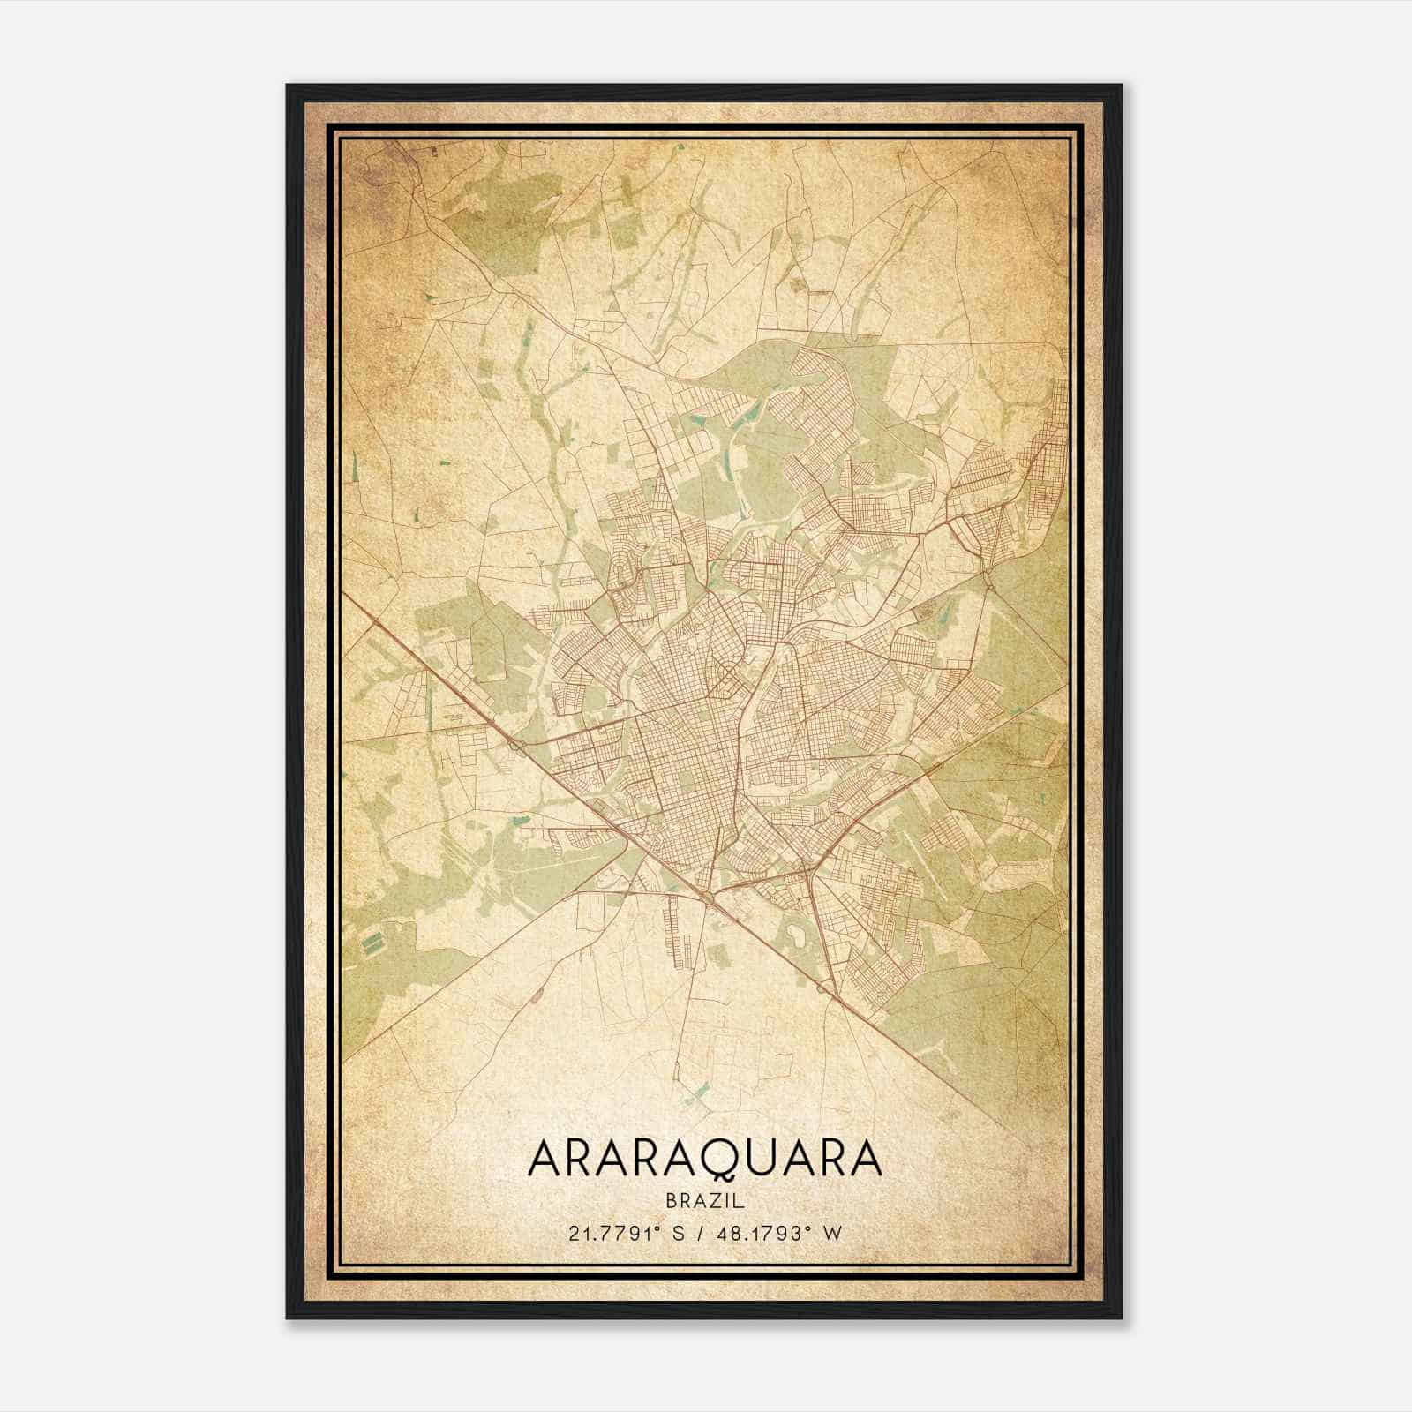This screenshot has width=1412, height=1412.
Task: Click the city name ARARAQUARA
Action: coord(704,1159)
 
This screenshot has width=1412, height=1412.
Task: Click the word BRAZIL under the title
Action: coord(705,1200)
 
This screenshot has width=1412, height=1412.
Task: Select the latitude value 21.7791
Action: coord(608,1234)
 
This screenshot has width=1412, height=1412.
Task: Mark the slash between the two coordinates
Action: coord(702,1234)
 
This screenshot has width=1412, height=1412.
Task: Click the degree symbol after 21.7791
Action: coord(657,1229)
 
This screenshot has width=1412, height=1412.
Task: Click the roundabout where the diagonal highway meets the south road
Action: coord(710,898)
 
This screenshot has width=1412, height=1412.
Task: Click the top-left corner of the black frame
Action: coord(288,86)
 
